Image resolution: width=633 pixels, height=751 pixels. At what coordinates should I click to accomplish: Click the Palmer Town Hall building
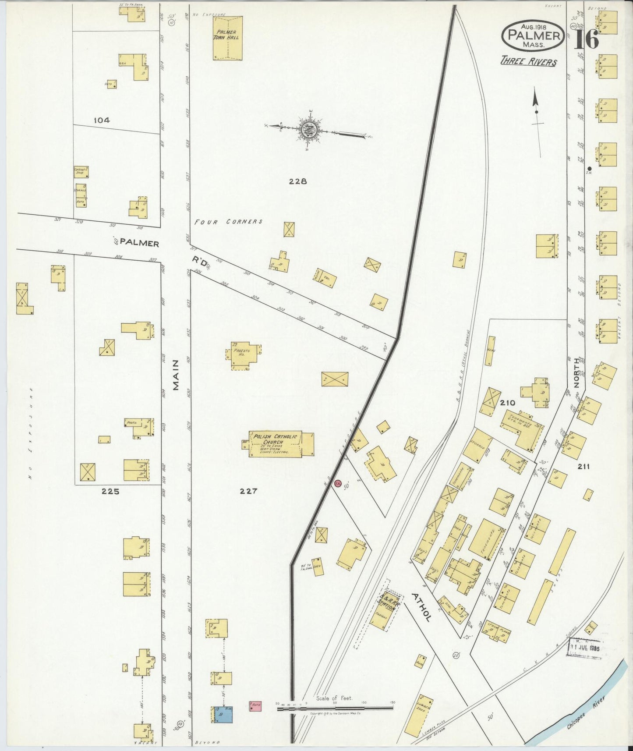click(x=227, y=38)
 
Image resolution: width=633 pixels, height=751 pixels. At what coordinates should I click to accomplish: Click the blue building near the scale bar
click(x=222, y=714)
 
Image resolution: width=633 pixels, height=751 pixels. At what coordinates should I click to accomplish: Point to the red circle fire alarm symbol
click(x=337, y=483)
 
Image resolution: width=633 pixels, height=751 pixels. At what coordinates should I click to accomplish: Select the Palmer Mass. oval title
click(x=533, y=36)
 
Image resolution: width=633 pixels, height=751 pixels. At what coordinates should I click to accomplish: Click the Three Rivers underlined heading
click(x=529, y=62)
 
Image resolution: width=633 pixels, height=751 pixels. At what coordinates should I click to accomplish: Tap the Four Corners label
click(x=228, y=222)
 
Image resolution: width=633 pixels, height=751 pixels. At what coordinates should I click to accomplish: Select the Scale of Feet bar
click(x=335, y=707)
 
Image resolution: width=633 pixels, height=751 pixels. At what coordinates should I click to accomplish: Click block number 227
click(x=248, y=491)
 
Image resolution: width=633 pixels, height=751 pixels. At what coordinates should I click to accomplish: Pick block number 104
click(x=101, y=120)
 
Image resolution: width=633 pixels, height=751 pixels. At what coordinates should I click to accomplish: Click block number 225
click(x=110, y=491)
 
